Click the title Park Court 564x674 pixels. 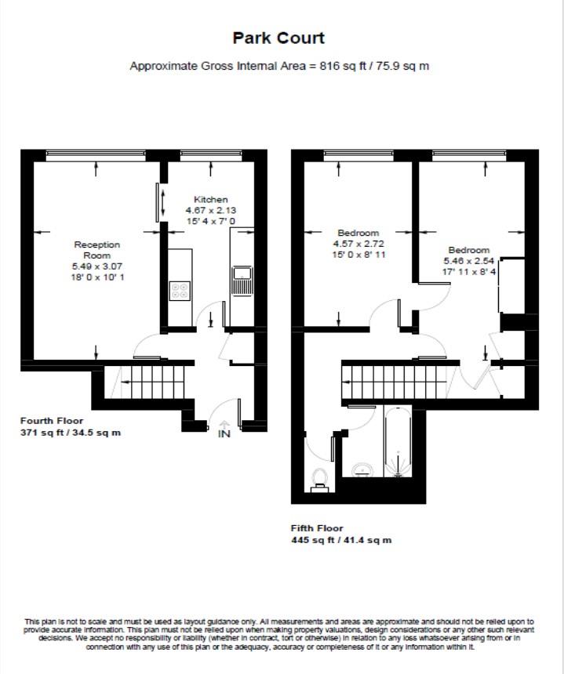278,38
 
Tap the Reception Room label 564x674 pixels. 97,250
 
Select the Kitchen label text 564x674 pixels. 210,200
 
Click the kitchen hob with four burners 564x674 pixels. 180,291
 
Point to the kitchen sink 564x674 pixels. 241,276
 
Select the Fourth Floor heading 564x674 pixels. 52,421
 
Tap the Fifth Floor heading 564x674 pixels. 317,528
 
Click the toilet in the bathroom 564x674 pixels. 319,478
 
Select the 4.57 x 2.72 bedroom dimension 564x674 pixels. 358,244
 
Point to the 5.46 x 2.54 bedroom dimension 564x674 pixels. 468,261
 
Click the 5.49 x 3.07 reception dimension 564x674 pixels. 97,266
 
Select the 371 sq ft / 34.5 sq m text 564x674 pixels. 71,433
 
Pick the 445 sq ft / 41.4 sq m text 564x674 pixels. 341,540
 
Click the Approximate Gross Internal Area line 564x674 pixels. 278,66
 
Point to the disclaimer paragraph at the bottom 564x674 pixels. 278,633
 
